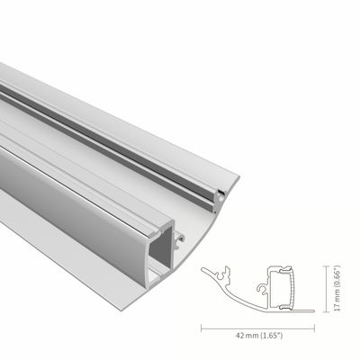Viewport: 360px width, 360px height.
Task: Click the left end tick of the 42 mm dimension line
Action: (200, 325)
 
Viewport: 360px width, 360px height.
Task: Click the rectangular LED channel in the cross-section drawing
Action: (282, 287)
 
